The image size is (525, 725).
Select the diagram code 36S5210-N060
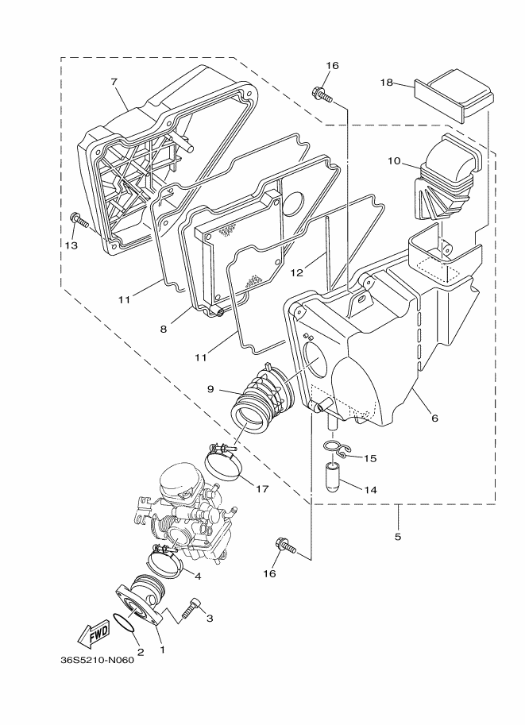pyautogui.click(x=96, y=661)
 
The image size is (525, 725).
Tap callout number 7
pyautogui.click(x=114, y=82)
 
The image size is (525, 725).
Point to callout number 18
pyautogui.click(x=387, y=82)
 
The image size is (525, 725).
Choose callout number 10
pyautogui.click(x=394, y=161)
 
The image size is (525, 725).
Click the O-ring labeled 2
pyautogui.click(x=124, y=626)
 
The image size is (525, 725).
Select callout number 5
pyautogui.click(x=398, y=537)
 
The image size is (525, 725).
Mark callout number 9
pyautogui.click(x=210, y=389)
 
